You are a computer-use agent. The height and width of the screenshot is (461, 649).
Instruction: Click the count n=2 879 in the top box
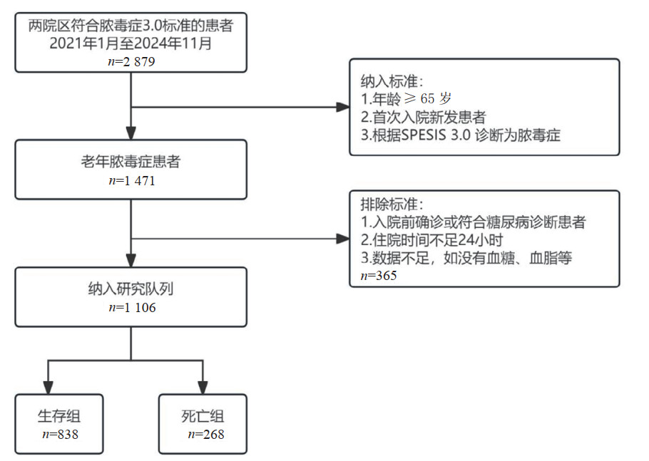(x=131, y=61)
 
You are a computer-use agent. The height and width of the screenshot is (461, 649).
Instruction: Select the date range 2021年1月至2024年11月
(x=131, y=44)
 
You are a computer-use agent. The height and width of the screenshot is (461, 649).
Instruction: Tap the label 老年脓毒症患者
(x=131, y=162)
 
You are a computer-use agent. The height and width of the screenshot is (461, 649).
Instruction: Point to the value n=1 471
(x=131, y=180)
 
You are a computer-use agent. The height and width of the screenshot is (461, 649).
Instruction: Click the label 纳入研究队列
(x=131, y=289)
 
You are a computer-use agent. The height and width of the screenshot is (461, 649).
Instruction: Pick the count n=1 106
(x=131, y=308)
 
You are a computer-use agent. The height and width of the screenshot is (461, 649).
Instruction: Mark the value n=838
(x=59, y=433)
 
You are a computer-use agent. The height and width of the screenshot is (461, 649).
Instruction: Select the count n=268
(x=203, y=433)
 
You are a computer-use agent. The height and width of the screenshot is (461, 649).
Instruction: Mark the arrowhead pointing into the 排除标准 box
(x=342, y=238)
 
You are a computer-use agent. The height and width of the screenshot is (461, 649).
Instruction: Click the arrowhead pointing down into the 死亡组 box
(x=203, y=388)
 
